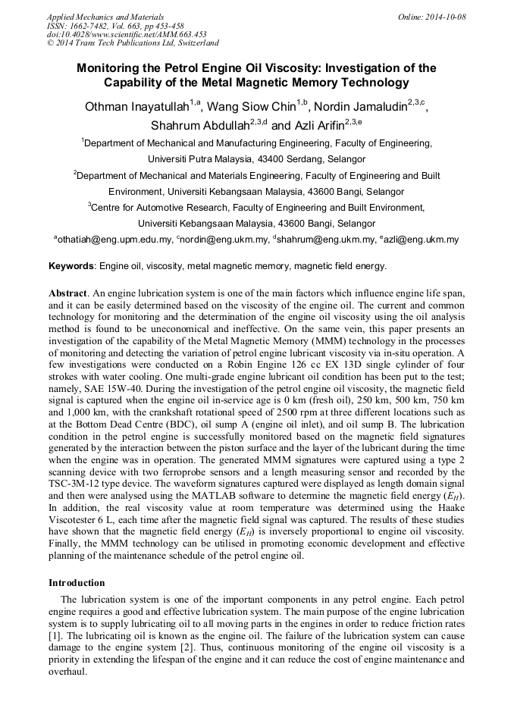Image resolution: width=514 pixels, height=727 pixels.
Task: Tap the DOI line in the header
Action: (x=127, y=35)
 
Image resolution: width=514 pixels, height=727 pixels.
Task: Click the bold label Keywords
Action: (x=72, y=266)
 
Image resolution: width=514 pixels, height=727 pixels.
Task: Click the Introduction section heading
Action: (x=77, y=583)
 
